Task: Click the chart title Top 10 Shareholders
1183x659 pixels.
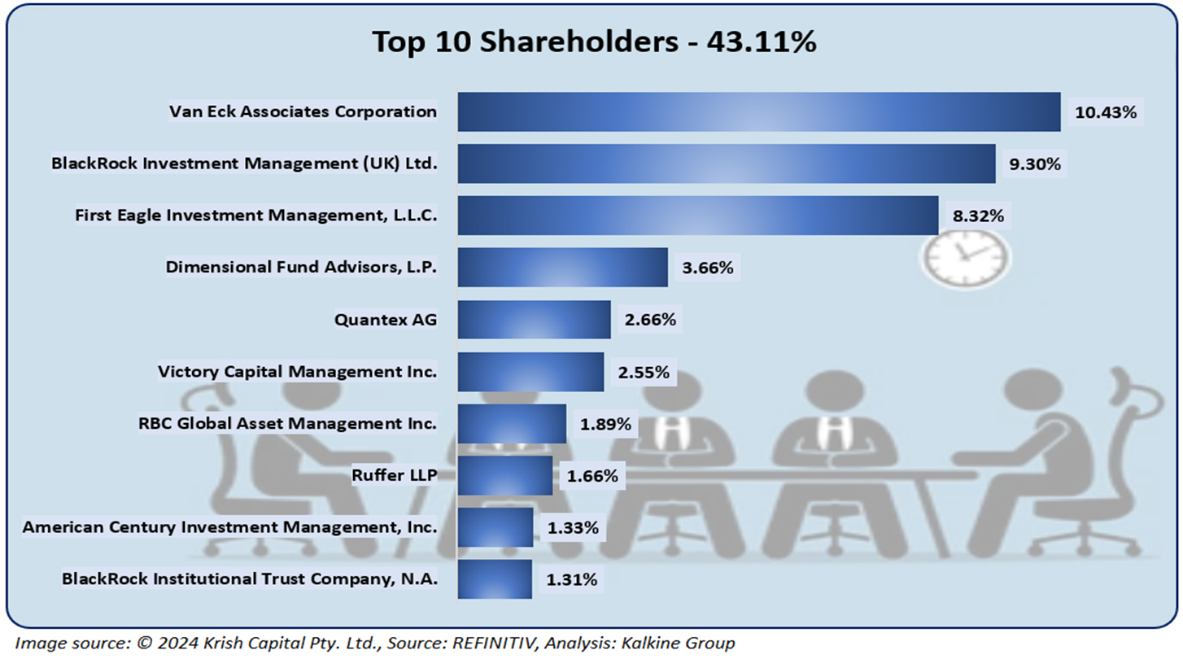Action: click(594, 41)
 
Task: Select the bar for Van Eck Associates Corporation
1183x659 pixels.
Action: click(758, 111)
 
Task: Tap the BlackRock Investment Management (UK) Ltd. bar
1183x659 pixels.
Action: click(726, 164)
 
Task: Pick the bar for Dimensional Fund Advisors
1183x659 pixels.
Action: click(562, 268)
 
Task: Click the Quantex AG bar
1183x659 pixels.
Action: click(534, 320)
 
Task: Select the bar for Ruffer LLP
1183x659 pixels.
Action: click(504, 475)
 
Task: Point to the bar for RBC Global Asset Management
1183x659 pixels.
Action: click(512, 424)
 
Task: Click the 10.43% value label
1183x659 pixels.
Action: click(1105, 112)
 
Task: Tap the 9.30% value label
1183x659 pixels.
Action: click(1035, 164)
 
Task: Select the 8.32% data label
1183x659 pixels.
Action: click(978, 216)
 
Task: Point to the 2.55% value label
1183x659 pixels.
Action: click(644, 373)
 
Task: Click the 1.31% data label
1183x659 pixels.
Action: click(572, 580)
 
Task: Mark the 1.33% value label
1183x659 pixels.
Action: click(573, 528)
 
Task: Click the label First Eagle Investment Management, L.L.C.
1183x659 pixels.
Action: click(256, 216)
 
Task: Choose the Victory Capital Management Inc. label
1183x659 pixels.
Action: click(297, 372)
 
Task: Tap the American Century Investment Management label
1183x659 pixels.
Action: click(229, 527)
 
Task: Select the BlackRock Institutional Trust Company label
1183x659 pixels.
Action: click(250, 579)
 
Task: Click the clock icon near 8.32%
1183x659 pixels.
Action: click(965, 255)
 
